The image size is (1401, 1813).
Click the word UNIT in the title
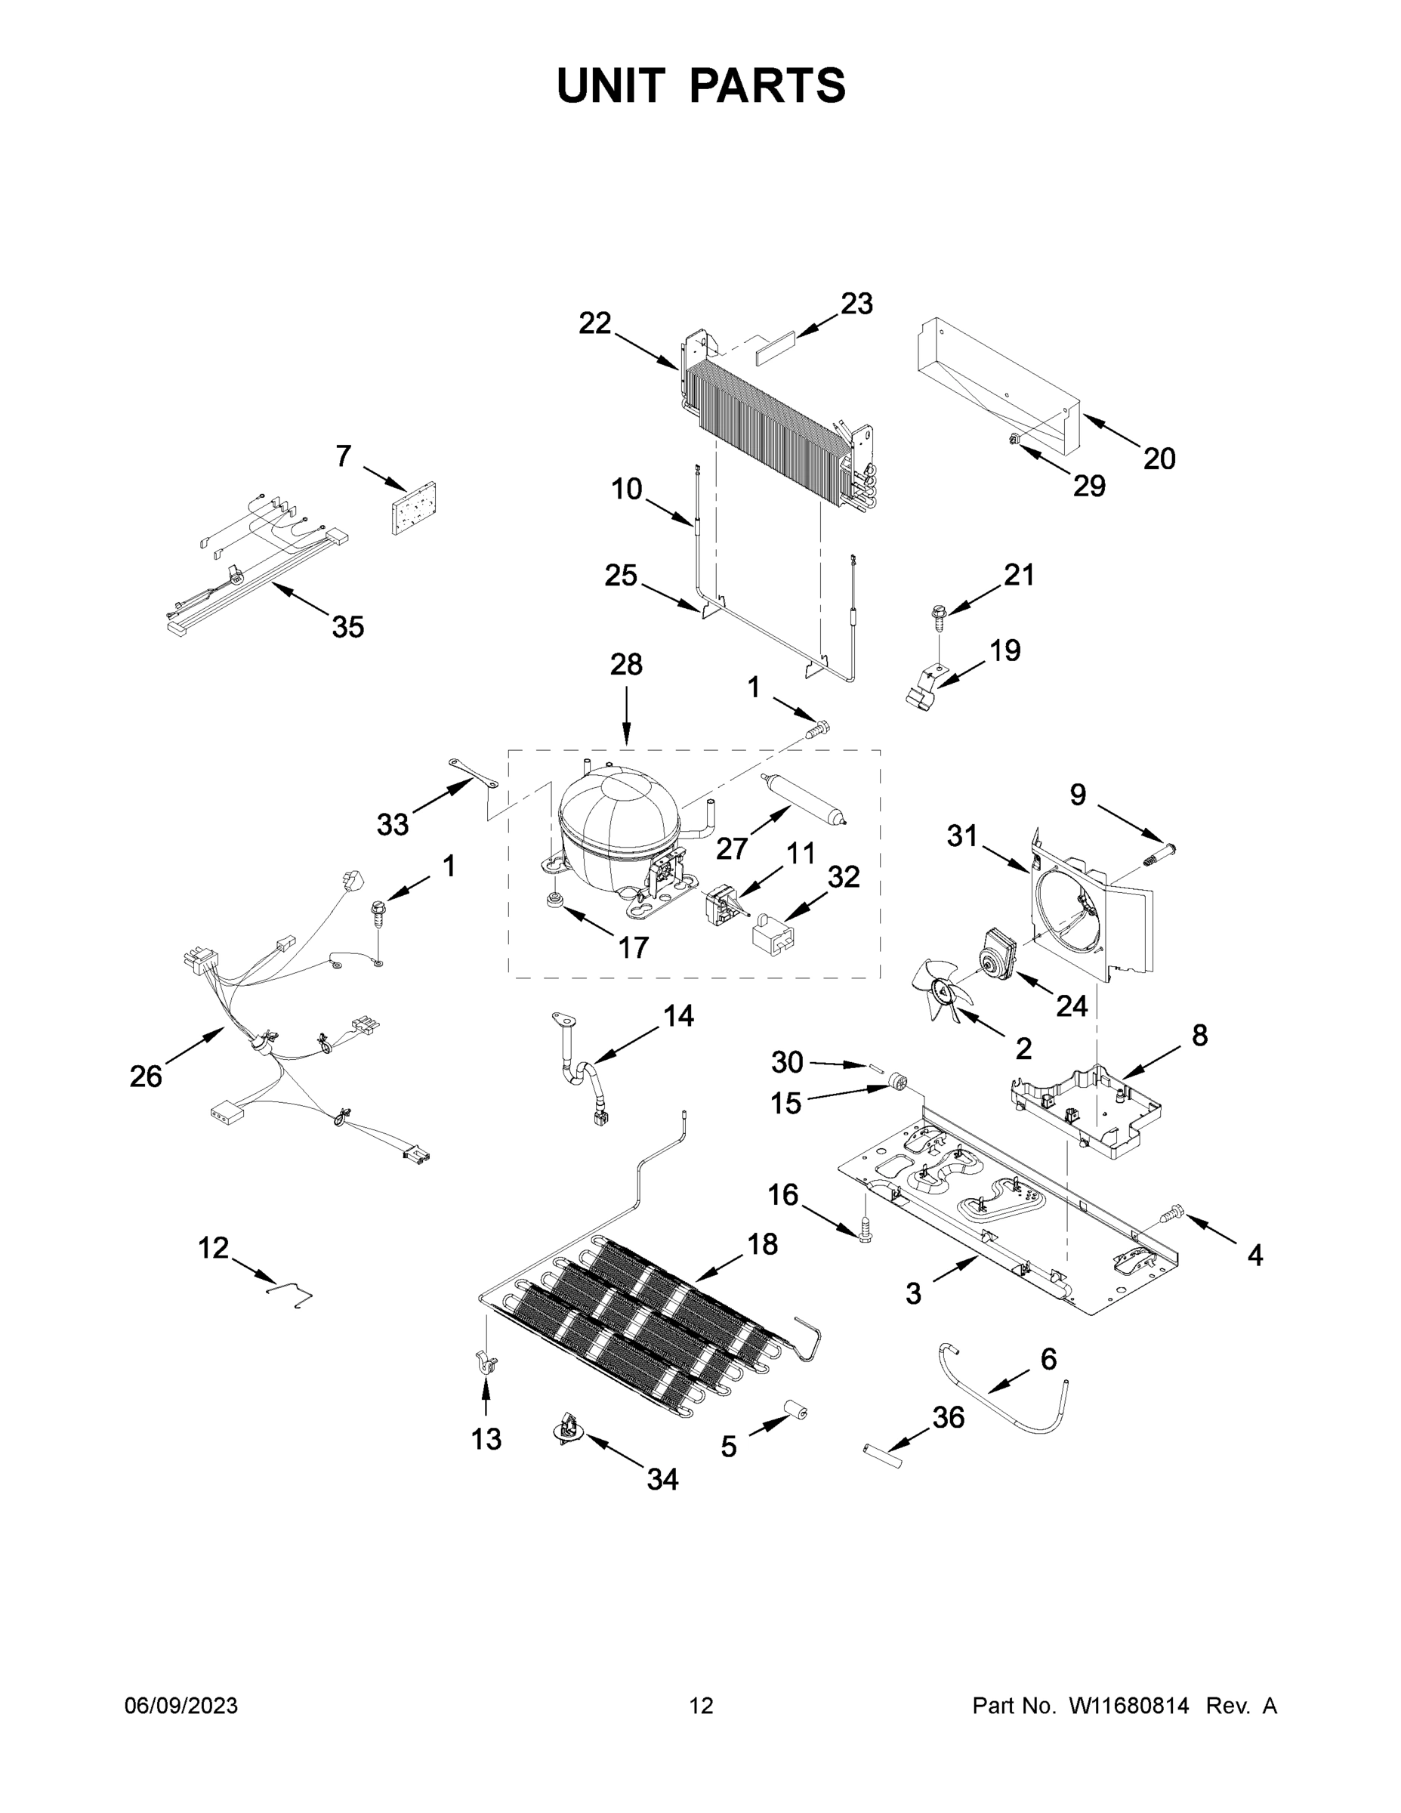pyautogui.click(x=610, y=85)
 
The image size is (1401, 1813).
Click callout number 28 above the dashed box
pyautogui.click(x=626, y=665)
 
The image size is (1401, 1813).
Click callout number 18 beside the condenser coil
pyautogui.click(x=762, y=1268)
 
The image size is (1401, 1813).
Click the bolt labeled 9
pyautogui.click(x=1157, y=853)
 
